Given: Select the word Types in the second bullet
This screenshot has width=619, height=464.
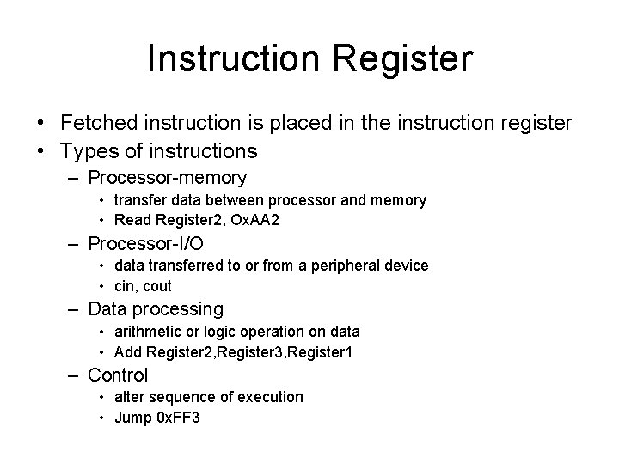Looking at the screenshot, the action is tap(88, 152).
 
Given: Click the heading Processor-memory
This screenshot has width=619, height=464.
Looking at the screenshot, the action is tap(168, 179).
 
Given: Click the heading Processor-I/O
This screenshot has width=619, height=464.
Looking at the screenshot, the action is tap(146, 243).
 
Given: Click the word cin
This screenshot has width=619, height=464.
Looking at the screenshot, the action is tap(125, 286).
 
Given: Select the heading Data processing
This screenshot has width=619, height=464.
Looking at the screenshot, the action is tap(156, 309).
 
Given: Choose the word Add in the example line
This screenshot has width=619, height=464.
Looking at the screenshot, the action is tap(127, 351).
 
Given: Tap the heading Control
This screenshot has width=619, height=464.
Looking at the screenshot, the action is tap(118, 375).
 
